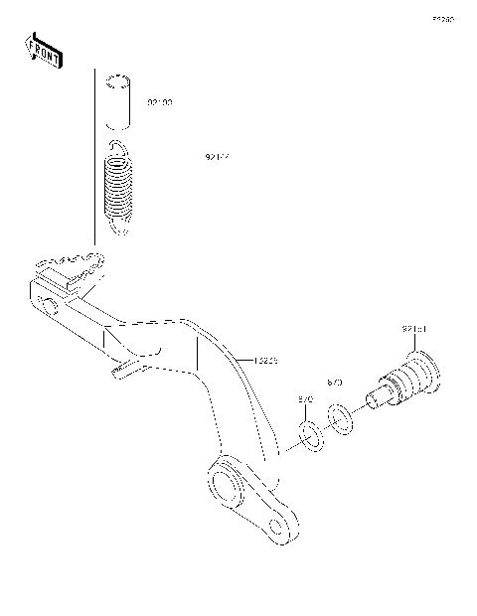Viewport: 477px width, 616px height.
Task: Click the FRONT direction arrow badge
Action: coord(43,52)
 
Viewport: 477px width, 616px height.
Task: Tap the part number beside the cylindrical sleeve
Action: coord(160,102)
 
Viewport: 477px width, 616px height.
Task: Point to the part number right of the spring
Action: coord(218,156)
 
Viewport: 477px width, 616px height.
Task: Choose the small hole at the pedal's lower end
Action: coord(283,524)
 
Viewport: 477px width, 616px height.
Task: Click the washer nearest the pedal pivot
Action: coord(310,434)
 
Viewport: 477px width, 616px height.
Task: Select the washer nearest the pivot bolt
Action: coord(339,417)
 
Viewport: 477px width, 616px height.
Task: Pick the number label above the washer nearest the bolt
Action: coord(335,382)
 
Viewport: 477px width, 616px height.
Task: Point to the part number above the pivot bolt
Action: coord(414,329)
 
